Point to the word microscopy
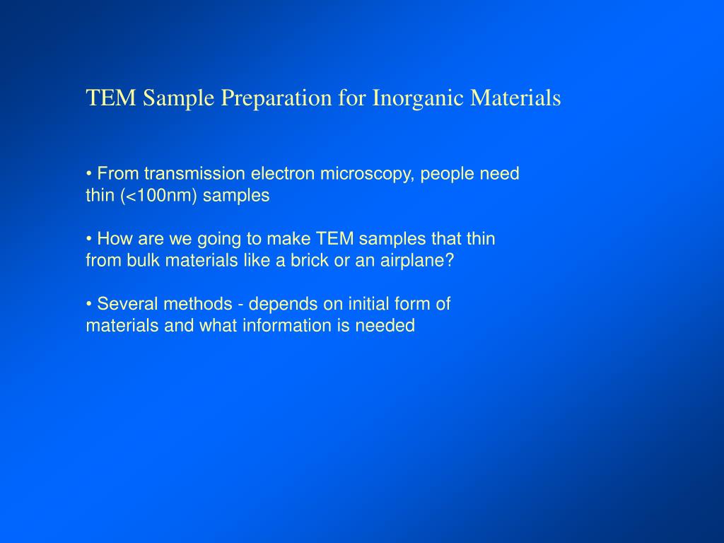(368, 174)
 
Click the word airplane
(420, 260)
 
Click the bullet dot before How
(89, 239)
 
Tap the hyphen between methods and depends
(241, 305)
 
